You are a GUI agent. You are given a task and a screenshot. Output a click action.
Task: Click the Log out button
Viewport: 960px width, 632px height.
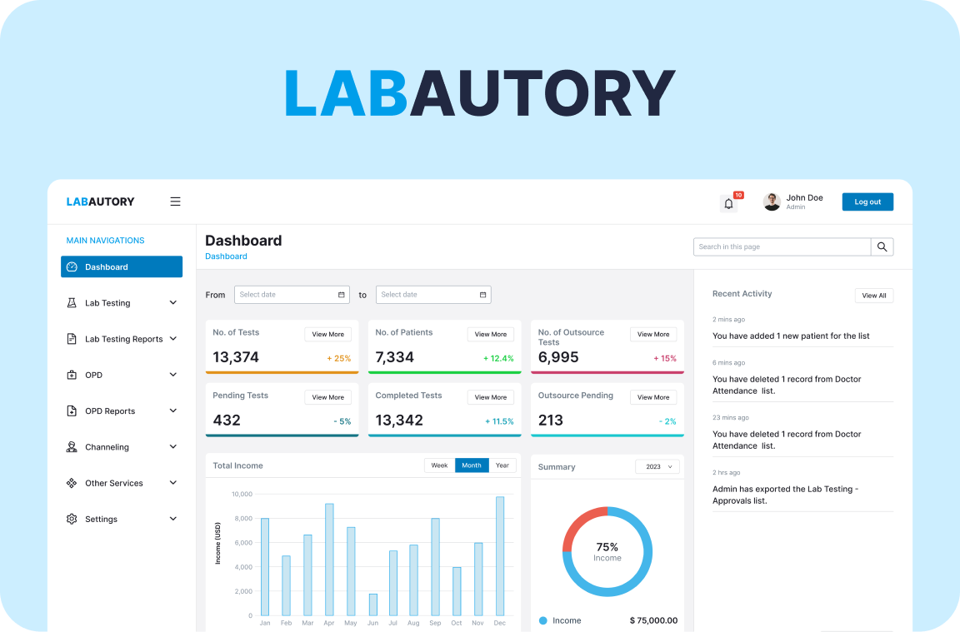coord(867,202)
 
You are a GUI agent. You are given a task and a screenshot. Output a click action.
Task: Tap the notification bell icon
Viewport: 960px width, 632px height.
coord(728,203)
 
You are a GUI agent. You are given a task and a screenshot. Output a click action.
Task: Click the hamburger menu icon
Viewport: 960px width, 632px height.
coord(175,202)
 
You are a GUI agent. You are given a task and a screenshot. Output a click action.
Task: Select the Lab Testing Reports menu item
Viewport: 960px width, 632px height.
coord(123,339)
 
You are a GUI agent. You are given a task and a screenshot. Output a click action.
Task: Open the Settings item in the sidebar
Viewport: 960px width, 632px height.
coord(101,519)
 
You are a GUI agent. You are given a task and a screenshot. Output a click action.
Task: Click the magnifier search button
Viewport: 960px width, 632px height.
coord(882,246)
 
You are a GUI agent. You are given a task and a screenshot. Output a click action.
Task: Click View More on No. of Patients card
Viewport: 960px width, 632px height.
coord(490,334)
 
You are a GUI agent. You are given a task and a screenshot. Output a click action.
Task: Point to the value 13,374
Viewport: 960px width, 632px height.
coord(236,357)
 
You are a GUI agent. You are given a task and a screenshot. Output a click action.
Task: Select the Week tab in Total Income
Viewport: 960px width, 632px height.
coord(439,465)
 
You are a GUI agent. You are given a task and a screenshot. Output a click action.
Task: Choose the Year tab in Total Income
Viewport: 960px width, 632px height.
coord(502,465)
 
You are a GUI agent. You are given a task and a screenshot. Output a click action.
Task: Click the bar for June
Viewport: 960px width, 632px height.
coord(372,605)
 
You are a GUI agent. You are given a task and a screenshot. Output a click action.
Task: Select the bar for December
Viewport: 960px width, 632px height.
coord(500,556)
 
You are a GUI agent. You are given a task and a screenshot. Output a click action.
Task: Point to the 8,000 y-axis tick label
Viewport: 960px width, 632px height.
coord(241,519)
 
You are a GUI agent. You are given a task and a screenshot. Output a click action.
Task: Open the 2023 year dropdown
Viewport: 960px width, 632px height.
coord(657,466)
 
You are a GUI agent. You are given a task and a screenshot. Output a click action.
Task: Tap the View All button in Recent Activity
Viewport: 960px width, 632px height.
coord(873,296)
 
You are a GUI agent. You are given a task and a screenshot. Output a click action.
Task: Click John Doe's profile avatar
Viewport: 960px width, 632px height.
coord(772,202)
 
